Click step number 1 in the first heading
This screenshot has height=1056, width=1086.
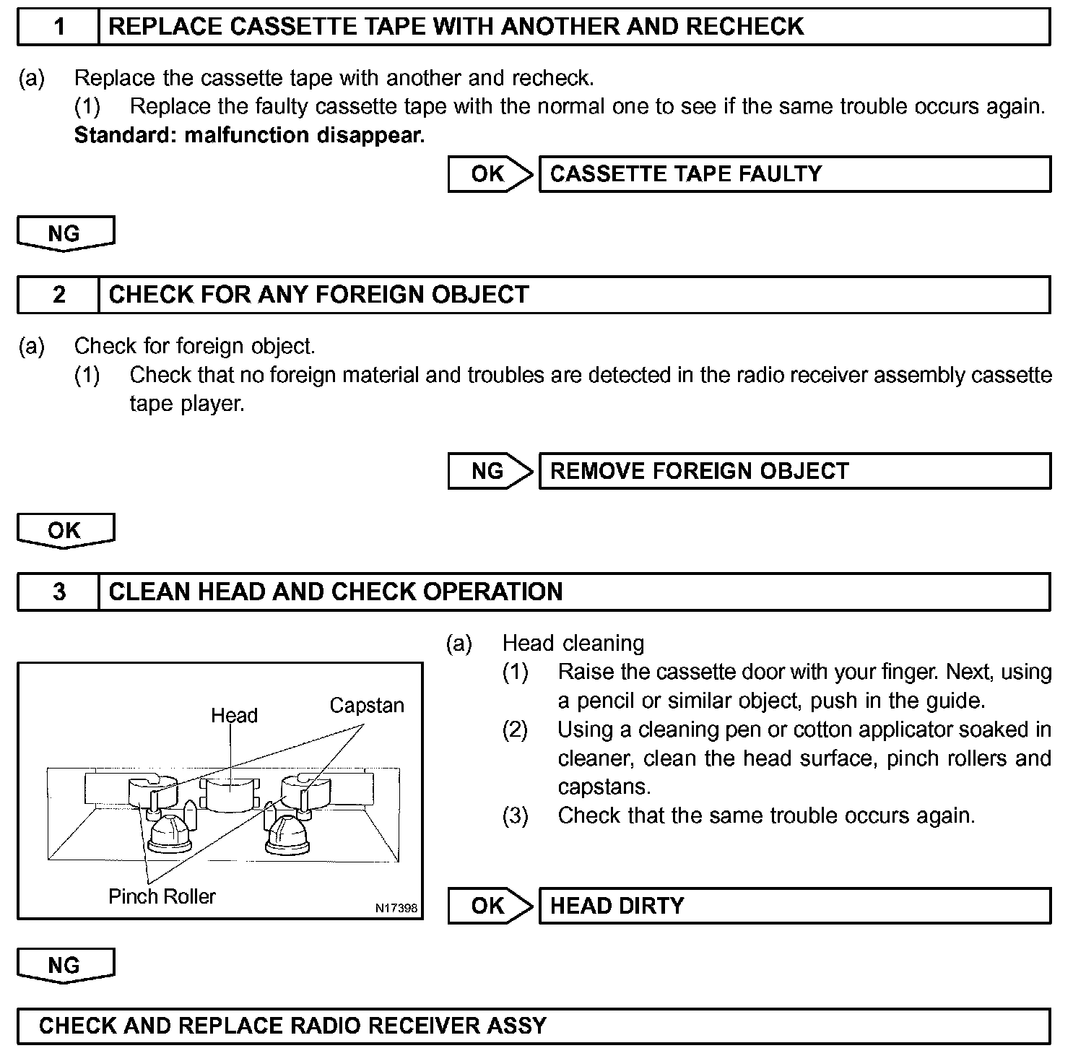[58, 27]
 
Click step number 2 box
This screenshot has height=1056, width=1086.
[58, 295]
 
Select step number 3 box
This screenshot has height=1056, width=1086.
[58, 592]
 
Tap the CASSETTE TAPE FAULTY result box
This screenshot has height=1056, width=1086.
[794, 174]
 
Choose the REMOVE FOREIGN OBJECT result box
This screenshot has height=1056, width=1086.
[794, 472]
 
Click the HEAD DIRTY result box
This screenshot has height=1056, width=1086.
[794, 906]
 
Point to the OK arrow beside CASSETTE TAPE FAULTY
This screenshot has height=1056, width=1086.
[489, 174]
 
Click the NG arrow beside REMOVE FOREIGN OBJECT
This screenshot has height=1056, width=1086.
[489, 472]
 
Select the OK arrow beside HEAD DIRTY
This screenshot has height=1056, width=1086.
[489, 906]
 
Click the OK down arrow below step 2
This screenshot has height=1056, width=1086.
[65, 531]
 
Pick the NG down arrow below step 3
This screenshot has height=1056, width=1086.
[65, 966]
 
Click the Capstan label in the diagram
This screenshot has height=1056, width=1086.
[367, 706]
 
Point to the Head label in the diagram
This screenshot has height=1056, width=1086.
[234, 716]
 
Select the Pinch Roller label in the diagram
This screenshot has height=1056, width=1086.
[162, 896]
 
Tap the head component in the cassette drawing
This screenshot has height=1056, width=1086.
[230, 795]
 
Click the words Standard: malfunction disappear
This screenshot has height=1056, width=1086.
[249, 135]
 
